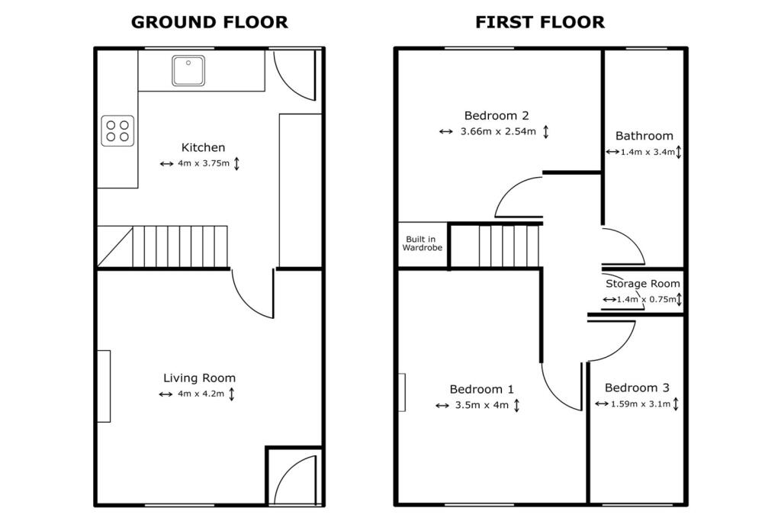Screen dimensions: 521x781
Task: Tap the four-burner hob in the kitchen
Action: pyautogui.click(x=117, y=130)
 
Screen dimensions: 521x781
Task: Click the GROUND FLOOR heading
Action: pyautogui.click(x=210, y=22)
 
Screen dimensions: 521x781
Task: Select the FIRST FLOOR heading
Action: pyautogui.click(x=540, y=22)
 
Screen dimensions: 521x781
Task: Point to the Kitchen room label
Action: pyautogui.click(x=203, y=147)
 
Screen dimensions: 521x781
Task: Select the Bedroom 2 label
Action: pyautogui.click(x=497, y=116)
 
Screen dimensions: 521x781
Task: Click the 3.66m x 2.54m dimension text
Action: pyautogui.click(x=498, y=132)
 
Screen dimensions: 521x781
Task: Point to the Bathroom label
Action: pyautogui.click(x=644, y=136)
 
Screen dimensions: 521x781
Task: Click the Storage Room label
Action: pyautogui.click(x=643, y=284)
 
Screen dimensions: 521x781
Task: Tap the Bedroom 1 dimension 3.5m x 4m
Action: pyautogui.click(x=481, y=406)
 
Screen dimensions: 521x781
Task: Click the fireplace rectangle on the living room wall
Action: pyautogui.click(x=103, y=386)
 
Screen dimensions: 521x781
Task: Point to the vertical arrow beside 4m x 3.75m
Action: pyautogui.click(x=236, y=164)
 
